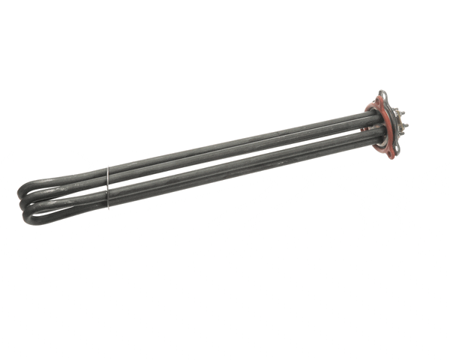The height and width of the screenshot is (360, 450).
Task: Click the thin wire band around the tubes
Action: click(107, 187)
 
